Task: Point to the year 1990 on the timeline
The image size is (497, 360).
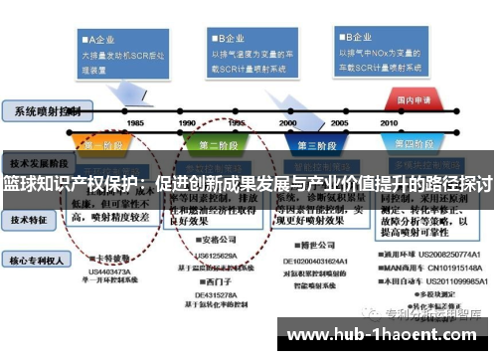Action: point(187,122)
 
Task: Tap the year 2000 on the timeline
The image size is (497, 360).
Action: point(287,122)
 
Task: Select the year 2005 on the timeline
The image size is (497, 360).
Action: point(338,122)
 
